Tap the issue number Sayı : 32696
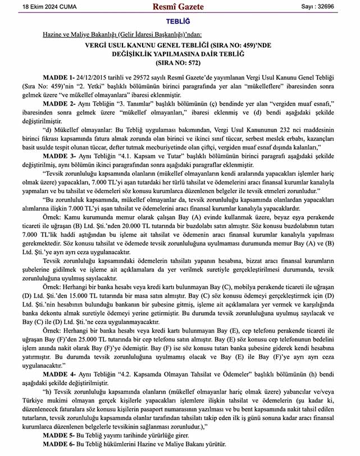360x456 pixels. click(329, 7)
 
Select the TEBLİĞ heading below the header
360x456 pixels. click(179, 21)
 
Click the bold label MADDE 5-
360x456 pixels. click(58, 436)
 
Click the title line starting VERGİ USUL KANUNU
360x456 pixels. click(179, 45)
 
